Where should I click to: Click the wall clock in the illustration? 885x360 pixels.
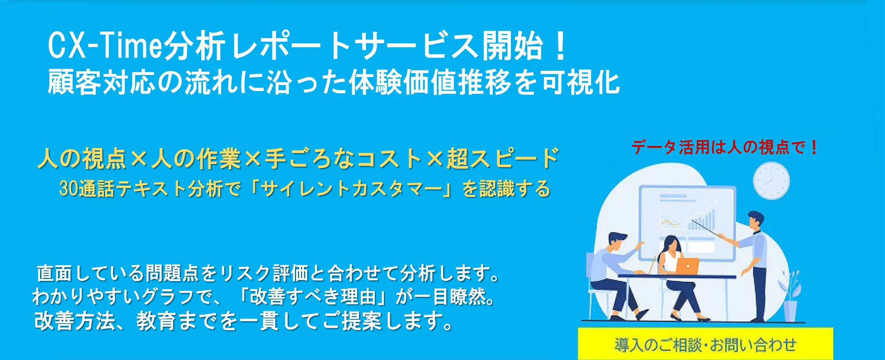pyautogui.click(x=771, y=181)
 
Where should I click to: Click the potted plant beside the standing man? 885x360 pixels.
pyautogui.click(x=790, y=296)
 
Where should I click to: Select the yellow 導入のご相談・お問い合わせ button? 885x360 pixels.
pyautogui.click(x=705, y=344)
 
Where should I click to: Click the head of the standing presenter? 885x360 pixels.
pyautogui.click(x=756, y=219)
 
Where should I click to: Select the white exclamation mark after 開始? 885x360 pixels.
pyautogui.click(x=561, y=46)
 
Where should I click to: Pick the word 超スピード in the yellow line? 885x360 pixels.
pyautogui.click(x=503, y=158)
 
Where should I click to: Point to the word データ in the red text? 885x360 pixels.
pyautogui.click(x=654, y=147)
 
